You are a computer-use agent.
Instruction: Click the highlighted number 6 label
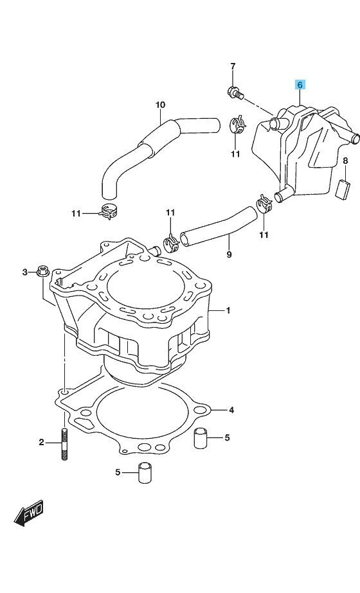coord(300,85)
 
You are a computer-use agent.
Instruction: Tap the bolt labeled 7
coord(235,93)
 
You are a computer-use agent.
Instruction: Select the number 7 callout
coord(233,66)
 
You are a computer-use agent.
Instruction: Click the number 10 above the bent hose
coord(161,105)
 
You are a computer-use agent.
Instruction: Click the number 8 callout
coord(345,161)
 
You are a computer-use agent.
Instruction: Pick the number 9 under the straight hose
coord(229,254)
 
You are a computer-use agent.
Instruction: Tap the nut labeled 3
coord(42,271)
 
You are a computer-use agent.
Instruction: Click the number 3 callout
coord(25,272)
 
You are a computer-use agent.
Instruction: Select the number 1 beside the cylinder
coord(228,310)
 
